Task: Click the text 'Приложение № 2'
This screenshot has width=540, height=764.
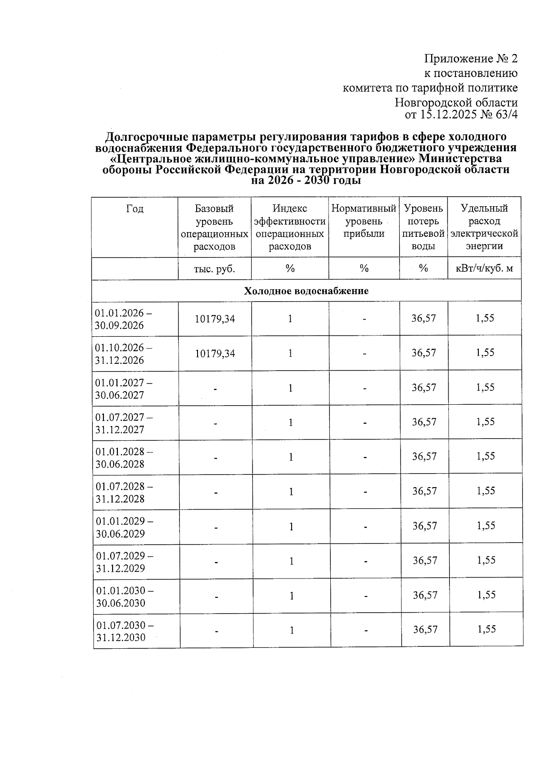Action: pyautogui.click(x=471, y=59)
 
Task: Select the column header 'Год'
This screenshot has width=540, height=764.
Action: pyautogui.click(x=135, y=208)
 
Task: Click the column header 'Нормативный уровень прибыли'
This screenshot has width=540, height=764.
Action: pyautogui.click(x=364, y=221)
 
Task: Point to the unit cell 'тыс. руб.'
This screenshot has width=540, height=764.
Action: pyautogui.click(x=214, y=269)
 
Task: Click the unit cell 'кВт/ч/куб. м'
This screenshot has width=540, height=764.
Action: pyautogui.click(x=484, y=269)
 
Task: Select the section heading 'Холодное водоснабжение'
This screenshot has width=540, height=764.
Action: pyautogui.click(x=306, y=291)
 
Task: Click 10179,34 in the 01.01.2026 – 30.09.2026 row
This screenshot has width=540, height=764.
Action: pyautogui.click(x=215, y=319)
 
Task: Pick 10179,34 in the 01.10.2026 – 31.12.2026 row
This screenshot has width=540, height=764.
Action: pyautogui.click(x=215, y=353)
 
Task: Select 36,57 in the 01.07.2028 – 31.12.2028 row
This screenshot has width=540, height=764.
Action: pyautogui.click(x=424, y=491)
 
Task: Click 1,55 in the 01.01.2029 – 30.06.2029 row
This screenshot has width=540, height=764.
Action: pyautogui.click(x=486, y=526)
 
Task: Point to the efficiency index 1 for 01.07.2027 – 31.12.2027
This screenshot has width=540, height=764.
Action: pyautogui.click(x=291, y=422)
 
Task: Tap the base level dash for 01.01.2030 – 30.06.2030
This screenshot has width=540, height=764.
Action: pyautogui.click(x=216, y=597)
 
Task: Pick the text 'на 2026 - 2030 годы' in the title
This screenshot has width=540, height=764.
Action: pyautogui.click(x=306, y=181)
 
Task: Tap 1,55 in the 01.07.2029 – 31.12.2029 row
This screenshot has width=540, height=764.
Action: pyautogui.click(x=486, y=561)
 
